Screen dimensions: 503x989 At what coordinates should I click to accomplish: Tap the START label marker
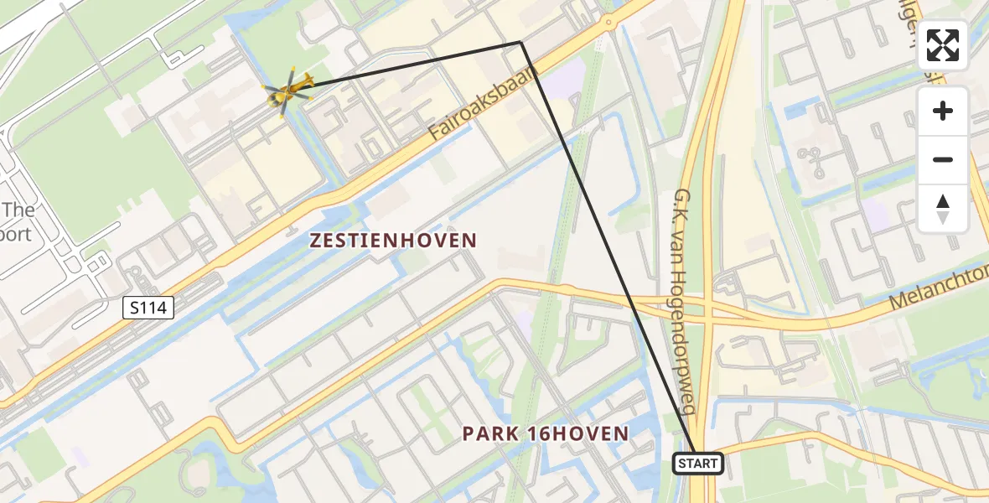(x=698, y=464)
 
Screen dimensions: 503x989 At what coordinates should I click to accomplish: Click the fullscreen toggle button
(x=943, y=45)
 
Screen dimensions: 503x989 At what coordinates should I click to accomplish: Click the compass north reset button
(x=943, y=209)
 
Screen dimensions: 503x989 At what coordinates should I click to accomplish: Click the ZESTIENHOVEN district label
(x=393, y=241)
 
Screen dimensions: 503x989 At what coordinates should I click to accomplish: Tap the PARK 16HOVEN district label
(x=545, y=433)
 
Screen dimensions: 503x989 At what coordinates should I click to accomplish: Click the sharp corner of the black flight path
(x=520, y=42)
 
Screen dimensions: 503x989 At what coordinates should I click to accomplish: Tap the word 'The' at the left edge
(x=17, y=210)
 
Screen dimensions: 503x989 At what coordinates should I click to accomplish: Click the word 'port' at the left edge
(x=15, y=233)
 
